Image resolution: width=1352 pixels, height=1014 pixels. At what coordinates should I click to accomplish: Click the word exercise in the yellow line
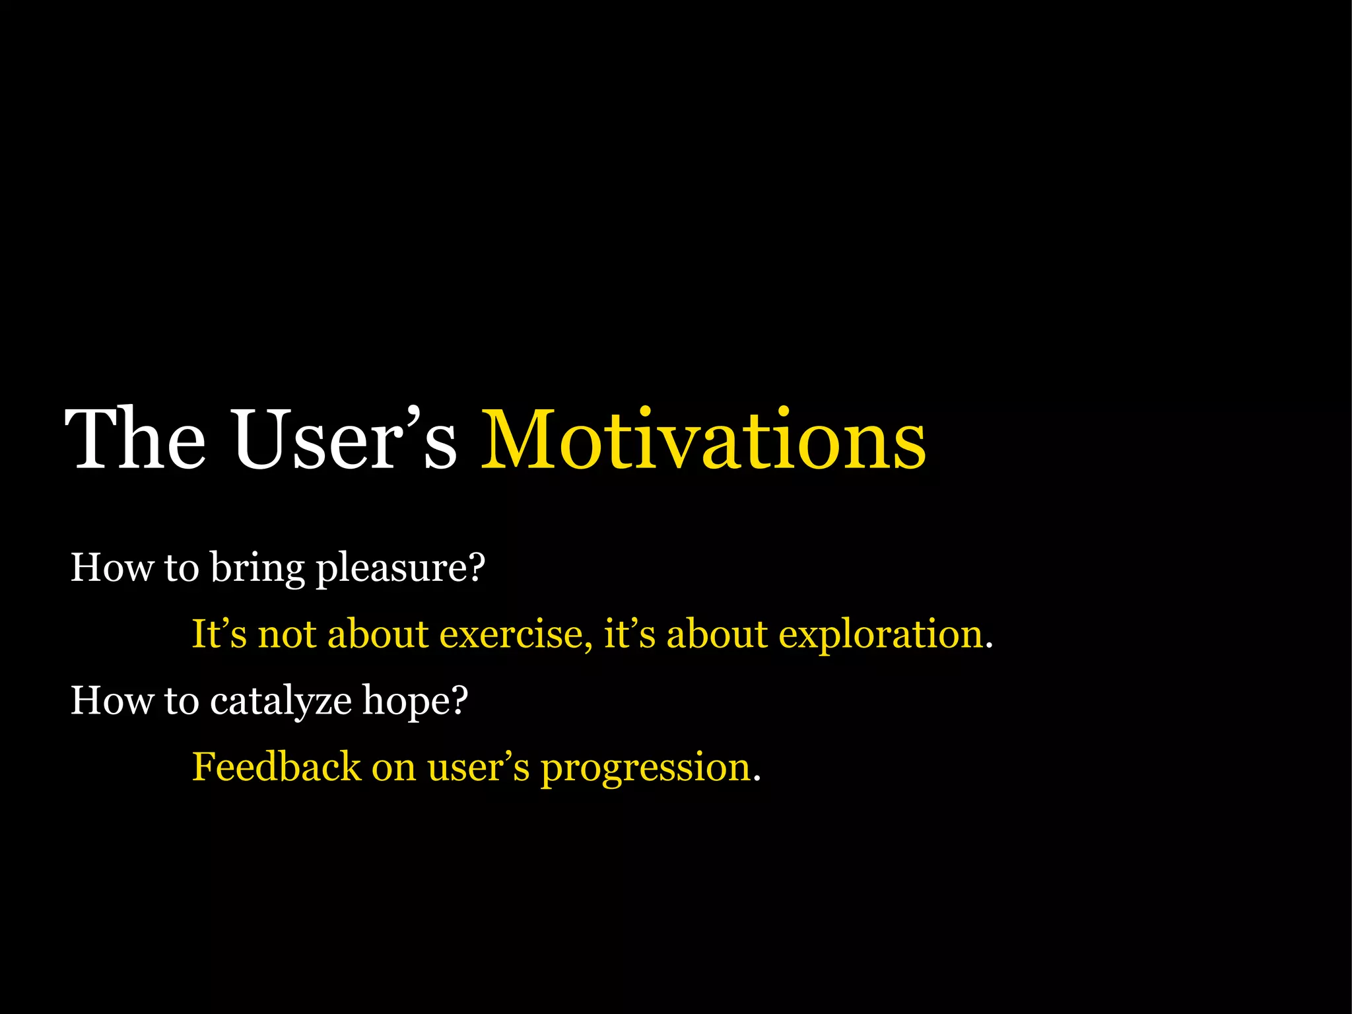(x=512, y=635)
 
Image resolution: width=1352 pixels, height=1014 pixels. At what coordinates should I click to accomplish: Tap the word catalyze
(x=281, y=702)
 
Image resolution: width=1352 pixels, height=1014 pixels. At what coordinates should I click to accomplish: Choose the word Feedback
(x=276, y=767)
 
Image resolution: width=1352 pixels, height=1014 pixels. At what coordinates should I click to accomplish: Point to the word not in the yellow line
(x=287, y=635)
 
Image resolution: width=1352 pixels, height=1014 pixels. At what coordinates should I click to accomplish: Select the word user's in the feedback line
(x=478, y=768)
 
